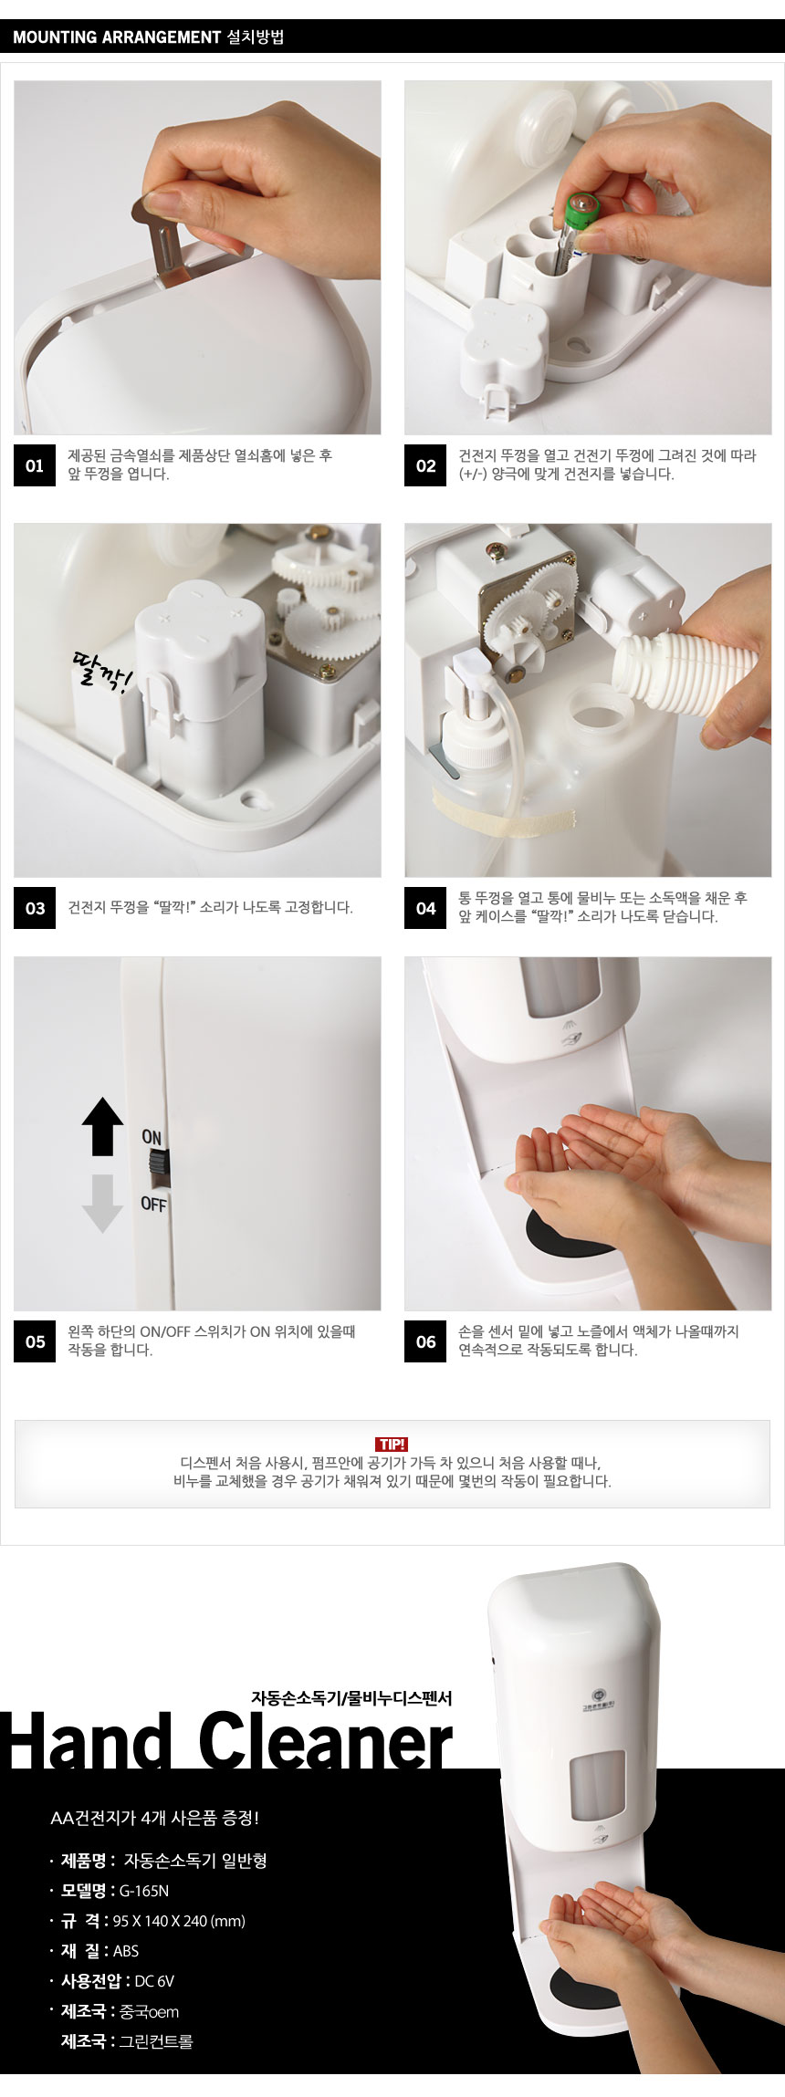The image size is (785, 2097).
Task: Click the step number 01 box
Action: [x=35, y=465]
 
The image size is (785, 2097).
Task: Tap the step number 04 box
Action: [x=425, y=908]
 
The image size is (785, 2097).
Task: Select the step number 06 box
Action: [x=425, y=1341]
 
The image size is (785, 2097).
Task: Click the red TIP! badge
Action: [x=392, y=1445]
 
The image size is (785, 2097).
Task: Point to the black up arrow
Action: [x=102, y=1127]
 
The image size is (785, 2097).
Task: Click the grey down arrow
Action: [x=102, y=1203]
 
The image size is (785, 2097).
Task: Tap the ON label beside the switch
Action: [x=152, y=1137]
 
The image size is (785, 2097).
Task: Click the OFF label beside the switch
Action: [x=153, y=1204]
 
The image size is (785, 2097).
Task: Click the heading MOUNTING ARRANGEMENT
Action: [x=117, y=37]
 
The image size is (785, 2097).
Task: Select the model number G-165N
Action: [x=144, y=1891]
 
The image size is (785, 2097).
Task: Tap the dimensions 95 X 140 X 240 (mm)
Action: [x=179, y=1921]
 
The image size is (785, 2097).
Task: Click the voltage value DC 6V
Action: [x=154, y=1981]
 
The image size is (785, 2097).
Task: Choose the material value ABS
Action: [x=126, y=1951]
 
